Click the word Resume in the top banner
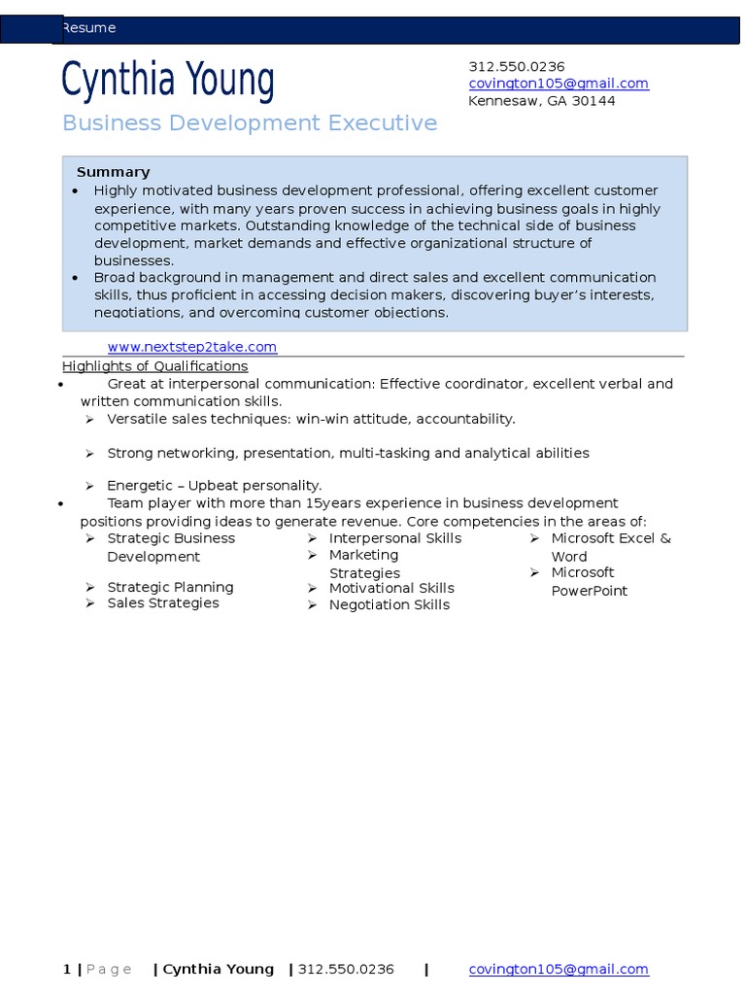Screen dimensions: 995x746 [x=88, y=28]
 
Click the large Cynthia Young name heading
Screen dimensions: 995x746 [x=168, y=80]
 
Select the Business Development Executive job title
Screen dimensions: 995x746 [x=250, y=123]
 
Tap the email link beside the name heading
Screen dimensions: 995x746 [x=559, y=84]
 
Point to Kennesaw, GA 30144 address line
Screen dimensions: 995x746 [x=541, y=101]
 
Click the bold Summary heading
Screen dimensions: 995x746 [x=114, y=172]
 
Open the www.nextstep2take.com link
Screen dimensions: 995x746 [x=191, y=347]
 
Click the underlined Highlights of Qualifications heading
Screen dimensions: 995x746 [x=154, y=366]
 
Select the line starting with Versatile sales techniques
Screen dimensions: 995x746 [x=311, y=419]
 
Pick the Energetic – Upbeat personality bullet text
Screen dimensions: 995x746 [x=214, y=485]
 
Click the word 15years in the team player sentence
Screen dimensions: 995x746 [x=331, y=503]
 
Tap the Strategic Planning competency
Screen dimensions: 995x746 [x=170, y=587]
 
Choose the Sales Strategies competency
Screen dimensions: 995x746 [x=163, y=603]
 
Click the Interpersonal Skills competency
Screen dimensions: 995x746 [x=395, y=538]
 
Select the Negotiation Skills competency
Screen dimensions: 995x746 [x=390, y=604]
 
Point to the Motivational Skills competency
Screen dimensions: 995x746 [x=391, y=588]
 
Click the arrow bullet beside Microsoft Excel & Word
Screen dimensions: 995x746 [x=534, y=538]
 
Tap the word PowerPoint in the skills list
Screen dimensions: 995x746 [x=590, y=591]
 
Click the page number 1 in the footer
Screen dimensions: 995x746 [x=66, y=969]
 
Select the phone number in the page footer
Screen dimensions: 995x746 [x=346, y=969]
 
